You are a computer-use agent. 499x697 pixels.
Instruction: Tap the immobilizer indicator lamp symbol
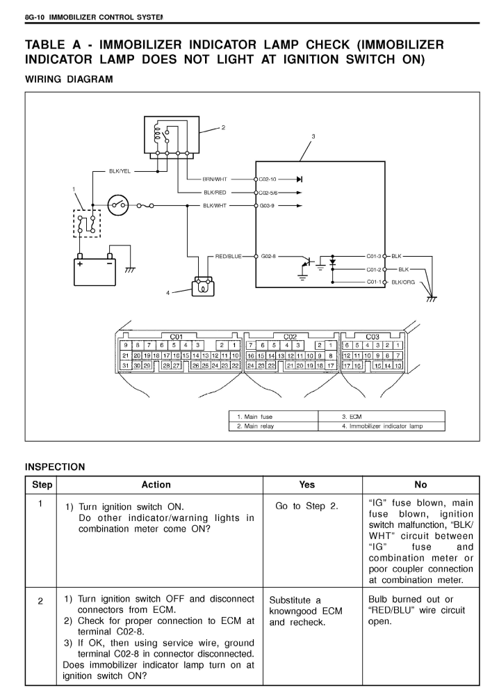202,287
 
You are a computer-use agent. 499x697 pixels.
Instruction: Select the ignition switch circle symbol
119,205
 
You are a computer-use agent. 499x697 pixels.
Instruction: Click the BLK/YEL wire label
120,171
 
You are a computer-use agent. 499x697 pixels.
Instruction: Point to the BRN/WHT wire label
215,179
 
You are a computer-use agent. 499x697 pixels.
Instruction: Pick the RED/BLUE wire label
228,257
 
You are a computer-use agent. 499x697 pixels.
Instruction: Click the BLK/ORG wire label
403,282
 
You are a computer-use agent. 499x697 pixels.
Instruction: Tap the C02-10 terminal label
268,179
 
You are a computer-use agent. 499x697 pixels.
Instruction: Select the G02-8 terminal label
268,257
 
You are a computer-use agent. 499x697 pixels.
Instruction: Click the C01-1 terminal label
374,282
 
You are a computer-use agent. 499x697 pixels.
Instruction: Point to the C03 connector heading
372,337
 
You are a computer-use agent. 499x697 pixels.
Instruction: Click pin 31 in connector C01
126,365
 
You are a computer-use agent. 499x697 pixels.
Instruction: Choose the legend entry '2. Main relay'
255,426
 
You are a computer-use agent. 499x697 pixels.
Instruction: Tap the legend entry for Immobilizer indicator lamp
382,426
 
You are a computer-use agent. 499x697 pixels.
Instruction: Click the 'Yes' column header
306,485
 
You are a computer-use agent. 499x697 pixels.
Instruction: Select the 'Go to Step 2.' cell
306,506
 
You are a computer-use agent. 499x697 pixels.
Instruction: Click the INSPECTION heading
55,467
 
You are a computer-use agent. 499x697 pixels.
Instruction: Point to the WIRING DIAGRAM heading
69,79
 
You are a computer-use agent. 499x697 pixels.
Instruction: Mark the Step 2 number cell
40,602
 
